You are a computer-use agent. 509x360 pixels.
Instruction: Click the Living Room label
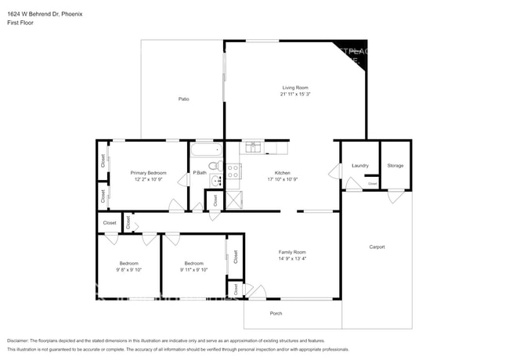[x=295, y=88]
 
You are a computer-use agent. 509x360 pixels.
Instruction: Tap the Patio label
[x=183, y=99]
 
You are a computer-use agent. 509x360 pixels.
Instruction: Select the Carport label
[x=377, y=247]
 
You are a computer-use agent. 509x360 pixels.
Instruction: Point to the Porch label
[x=276, y=313]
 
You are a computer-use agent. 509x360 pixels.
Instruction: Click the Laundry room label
[x=360, y=165]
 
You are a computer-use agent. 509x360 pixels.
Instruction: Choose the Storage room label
[x=395, y=165]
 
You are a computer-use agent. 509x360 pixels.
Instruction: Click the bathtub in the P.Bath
[x=207, y=149]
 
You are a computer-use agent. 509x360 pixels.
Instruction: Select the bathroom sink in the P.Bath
[x=216, y=181]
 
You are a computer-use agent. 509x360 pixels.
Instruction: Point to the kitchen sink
[x=254, y=146]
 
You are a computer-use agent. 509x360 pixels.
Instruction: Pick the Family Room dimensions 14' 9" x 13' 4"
[x=291, y=258]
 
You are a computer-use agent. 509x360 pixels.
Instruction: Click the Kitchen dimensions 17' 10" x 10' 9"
[x=282, y=179]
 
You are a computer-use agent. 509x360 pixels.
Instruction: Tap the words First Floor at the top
[x=20, y=23]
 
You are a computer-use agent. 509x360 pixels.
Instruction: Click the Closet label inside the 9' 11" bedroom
[x=233, y=257]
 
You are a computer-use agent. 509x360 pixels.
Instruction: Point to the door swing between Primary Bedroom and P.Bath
[x=183, y=180]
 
